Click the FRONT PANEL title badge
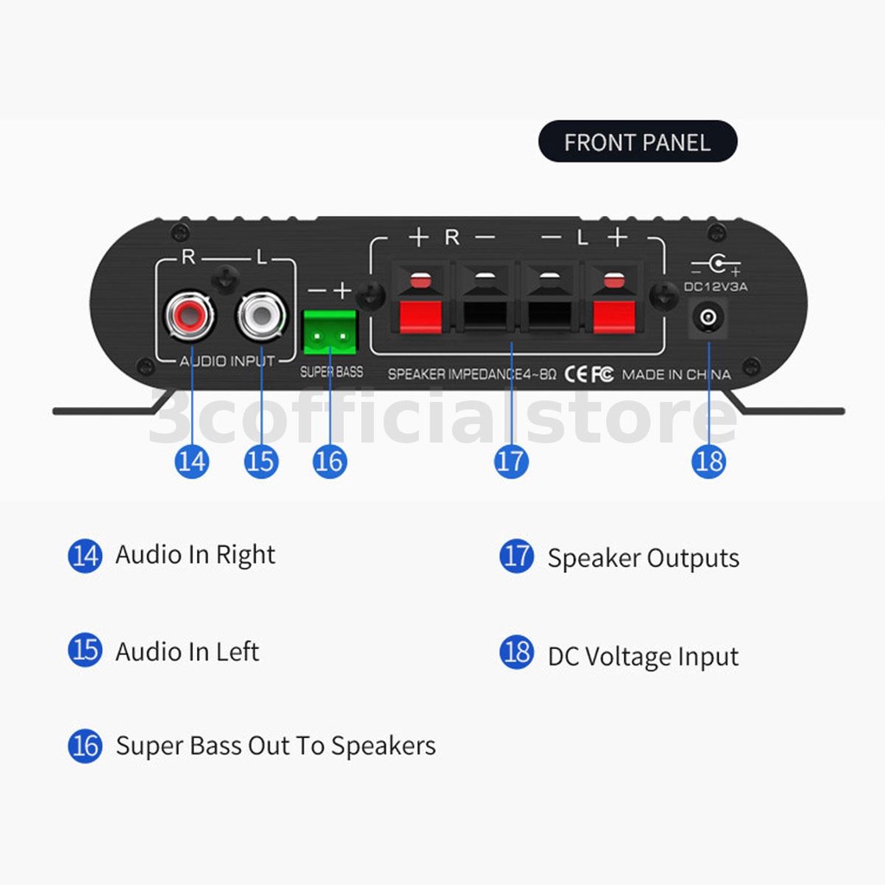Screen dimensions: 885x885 point(638,142)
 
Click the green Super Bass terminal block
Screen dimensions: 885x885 point(329,332)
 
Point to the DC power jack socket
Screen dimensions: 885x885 point(708,319)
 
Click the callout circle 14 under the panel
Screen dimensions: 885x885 point(191,461)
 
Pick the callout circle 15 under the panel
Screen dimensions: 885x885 point(261,461)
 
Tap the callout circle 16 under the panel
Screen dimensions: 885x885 point(329,461)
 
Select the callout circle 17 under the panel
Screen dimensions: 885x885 point(511,461)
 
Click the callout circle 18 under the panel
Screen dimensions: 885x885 point(709,461)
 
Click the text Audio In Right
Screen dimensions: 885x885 point(195,555)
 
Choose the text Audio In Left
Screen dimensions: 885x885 point(188,652)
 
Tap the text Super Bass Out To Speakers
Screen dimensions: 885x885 point(276,746)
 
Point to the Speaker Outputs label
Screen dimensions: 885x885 point(643,558)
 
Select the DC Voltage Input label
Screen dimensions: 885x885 point(643,657)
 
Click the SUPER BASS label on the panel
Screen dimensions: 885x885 point(332,372)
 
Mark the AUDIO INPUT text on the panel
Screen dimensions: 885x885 point(227,360)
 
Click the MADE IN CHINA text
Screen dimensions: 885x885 point(676,375)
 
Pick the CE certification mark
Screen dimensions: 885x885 point(576,374)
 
